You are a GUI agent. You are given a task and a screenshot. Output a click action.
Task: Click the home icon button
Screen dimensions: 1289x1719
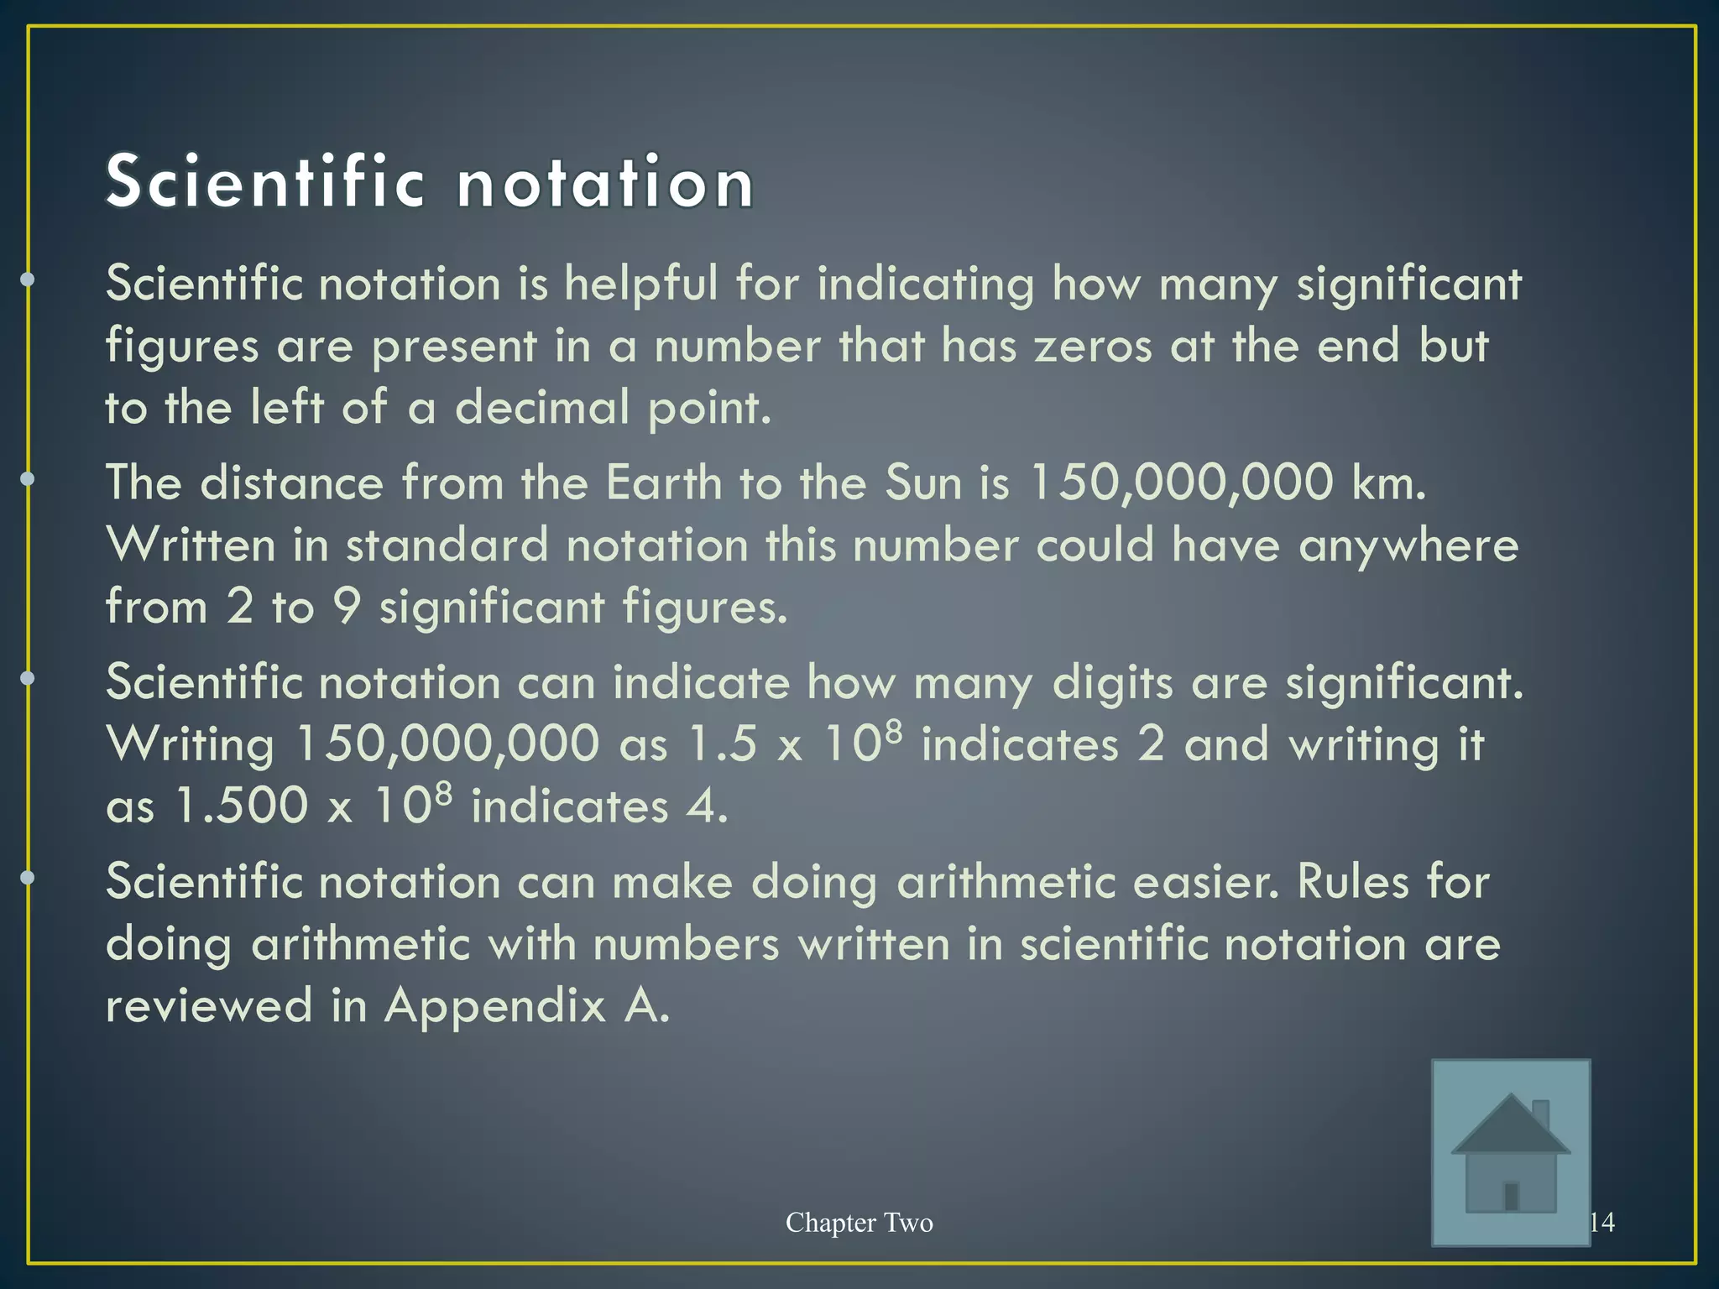1510,1151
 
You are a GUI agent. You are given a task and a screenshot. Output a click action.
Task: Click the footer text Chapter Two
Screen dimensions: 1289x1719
859,1223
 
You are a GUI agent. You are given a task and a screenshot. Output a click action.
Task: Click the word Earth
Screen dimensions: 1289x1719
663,483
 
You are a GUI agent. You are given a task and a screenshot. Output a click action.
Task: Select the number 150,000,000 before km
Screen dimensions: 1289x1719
1181,483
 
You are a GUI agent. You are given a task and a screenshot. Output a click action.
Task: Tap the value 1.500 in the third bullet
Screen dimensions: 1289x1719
241,806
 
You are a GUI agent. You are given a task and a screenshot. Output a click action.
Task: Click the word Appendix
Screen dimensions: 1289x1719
494,1005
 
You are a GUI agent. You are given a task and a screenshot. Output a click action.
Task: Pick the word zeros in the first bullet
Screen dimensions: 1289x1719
1093,346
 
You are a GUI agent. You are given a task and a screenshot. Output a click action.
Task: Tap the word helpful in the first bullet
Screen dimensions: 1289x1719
640,284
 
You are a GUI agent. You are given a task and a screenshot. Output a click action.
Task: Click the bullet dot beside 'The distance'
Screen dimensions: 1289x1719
28,479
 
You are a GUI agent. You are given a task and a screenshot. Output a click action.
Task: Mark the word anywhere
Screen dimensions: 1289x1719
1408,545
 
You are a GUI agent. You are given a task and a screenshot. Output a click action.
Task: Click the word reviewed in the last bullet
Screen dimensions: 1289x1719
209,1005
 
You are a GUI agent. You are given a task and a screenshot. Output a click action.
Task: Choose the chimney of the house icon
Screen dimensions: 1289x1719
1540,1114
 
